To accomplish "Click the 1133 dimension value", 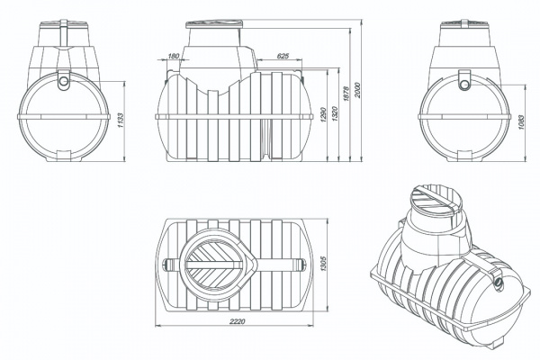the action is [121, 121].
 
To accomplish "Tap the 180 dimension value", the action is [174, 56].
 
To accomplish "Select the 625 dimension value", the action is [283, 56].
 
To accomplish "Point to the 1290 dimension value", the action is [323, 114].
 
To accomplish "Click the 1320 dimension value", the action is [336, 114].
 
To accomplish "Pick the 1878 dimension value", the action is [346, 93].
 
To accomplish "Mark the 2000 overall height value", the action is [357, 90].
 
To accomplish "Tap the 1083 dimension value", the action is [520, 122].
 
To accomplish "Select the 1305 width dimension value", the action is [323, 264].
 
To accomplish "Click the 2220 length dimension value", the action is [237, 321].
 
